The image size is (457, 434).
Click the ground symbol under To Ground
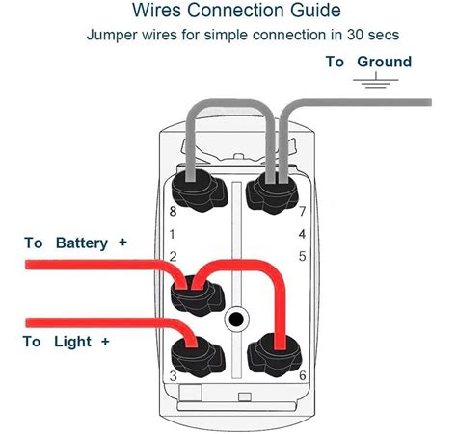[x=376, y=80]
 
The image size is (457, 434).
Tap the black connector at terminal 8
[x=200, y=190]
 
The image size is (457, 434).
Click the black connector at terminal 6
[x=274, y=355]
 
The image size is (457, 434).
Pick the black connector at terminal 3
[x=198, y=357]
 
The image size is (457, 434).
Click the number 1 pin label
[x=172, y=234]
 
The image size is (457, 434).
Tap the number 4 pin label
[x=302, y=234]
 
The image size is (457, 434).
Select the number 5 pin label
[x=302, y=256]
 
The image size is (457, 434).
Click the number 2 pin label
[x=173, y=256]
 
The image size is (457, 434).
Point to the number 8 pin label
[x=173, y=211]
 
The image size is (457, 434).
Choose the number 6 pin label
[x=303, y=375]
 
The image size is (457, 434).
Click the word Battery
[x=82, y=243]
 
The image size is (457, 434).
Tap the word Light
[x=72, y=342]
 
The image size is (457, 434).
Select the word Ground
[x=385, y=62]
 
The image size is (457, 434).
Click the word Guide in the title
[x=315, y=10]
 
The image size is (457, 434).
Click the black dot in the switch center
[x=236, y=319]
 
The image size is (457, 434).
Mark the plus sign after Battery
[x=122, y=242]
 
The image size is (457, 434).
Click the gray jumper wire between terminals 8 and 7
[x=230, y=103]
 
